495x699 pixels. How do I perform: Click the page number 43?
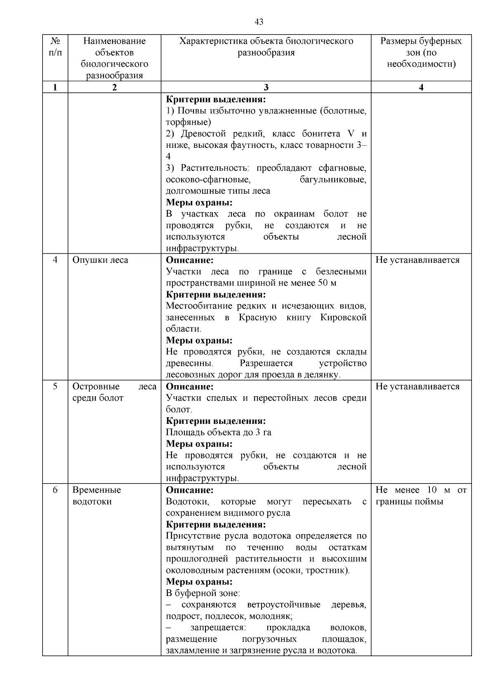tap(259, 22)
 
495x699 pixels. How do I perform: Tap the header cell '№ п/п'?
tap(55, 47)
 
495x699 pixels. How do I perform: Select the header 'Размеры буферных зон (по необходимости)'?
tap(421, 53)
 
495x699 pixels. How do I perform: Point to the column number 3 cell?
tap(266, 87)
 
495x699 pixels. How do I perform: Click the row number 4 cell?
tap(55, 260)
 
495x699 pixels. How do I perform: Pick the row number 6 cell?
tap(55, 490)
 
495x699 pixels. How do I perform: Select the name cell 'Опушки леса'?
tap(100, 260)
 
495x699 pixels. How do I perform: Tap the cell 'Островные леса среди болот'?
tap(114, 392)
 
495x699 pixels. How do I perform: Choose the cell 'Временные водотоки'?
tap(97, 496)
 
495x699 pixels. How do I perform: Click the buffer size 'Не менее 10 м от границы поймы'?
tap(421, 496)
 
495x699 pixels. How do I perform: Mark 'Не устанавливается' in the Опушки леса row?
tap(417, 260)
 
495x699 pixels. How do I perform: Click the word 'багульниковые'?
tap(333, 180)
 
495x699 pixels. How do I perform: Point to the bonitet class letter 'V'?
tap(351, 134)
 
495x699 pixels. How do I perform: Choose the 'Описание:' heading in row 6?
tap(190, 490)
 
